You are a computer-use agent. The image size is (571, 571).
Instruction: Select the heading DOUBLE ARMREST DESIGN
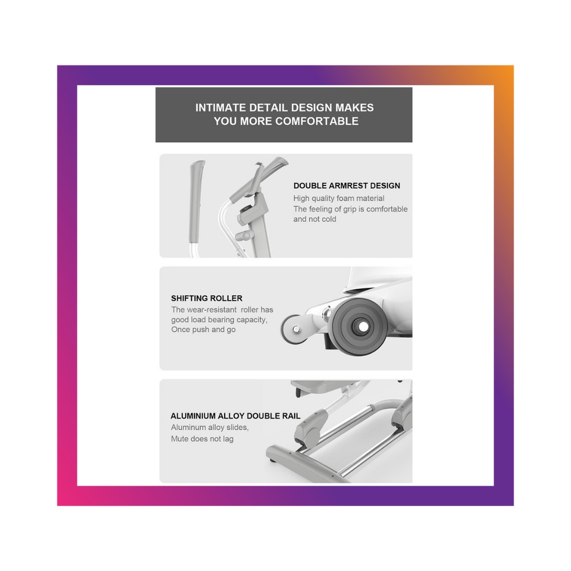click(347, 186)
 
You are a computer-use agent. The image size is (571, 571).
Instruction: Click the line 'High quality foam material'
click(338, 199)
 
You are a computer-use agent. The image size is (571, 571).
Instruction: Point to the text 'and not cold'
click(314, 219)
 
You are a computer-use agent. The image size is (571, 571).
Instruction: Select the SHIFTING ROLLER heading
click(206, 298)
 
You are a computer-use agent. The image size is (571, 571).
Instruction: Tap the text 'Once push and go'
click(203, 330)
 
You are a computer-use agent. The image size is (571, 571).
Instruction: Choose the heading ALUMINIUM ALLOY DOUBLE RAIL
click(235, 416)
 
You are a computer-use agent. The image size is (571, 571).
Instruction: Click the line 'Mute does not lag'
click(202, 439)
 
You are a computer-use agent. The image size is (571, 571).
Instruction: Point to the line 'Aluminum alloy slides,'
click(210, 428)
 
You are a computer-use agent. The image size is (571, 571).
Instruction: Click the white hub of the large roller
click(362, 327)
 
